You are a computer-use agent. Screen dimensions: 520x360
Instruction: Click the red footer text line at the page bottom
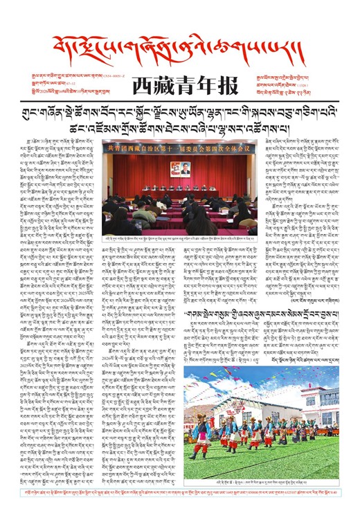pos(180,509)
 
